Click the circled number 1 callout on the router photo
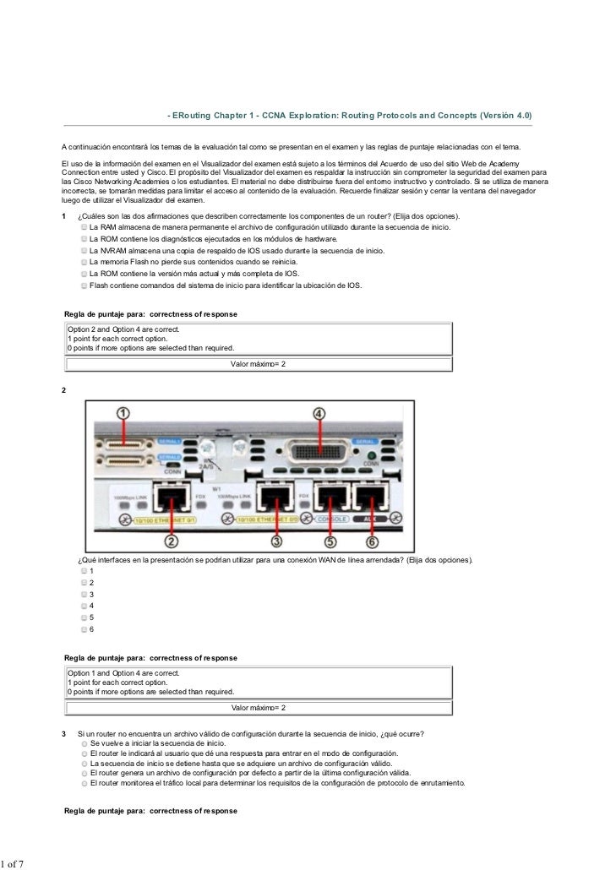(x=123, y=413)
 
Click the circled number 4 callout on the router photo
(x=319, y=413)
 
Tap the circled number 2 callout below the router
(x=172, y=541)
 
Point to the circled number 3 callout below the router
(x=275, y=541)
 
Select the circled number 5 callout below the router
(x=330, y=541)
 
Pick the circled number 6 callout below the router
(x=372, y=541)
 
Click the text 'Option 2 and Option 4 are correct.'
(x=123, y=329)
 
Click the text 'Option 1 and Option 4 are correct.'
(x=123, y=673)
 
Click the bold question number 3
(x=65, y=733)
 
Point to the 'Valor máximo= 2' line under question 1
(x=259, y=364)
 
